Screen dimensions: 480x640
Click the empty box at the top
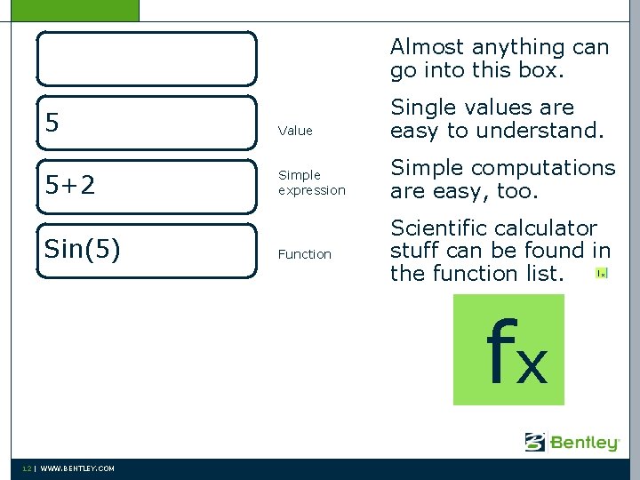(147, 59)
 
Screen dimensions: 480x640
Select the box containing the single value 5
(147, 123)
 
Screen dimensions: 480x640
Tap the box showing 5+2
(147, 187)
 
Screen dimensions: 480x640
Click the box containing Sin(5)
(147, 251)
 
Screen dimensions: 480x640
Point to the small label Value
(295, 131)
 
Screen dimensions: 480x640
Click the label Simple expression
(311, 182)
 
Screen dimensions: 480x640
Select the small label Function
(304, 254)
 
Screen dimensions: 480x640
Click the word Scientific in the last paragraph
(437, 228)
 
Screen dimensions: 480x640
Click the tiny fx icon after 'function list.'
(602, 274)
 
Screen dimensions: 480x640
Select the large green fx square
(508, 349)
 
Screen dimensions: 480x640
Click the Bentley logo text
(584, 443)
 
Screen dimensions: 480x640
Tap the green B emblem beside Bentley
(535, 442)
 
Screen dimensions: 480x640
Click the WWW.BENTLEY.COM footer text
(77, 468)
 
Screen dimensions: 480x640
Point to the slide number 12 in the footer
(28, 468)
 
